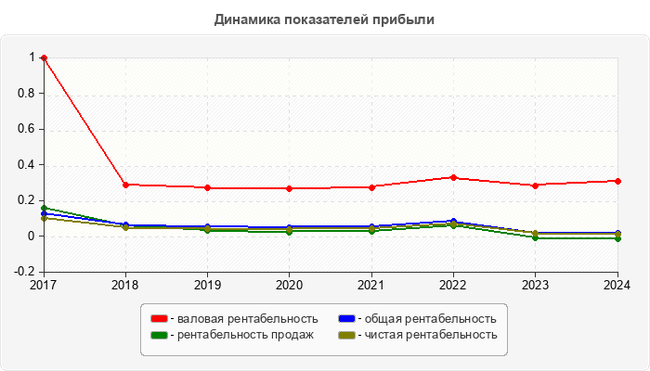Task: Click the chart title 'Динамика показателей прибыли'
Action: coord(324,19)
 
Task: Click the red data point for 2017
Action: coord(44,58)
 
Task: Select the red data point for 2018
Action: coord(125,185)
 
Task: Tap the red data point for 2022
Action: coord(453,177)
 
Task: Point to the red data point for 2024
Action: coord(617,181)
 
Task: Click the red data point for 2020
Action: coord(289,188)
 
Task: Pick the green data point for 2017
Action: coord(44,208)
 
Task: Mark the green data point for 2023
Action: coord(535,237)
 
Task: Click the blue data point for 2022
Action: coord(453,222)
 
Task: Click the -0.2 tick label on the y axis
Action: coord(25,273)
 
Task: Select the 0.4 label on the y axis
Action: coord(28,165)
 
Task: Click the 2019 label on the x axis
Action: coord(207,285)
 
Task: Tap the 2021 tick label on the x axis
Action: coord(371,285)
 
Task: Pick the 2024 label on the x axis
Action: coord(617,285)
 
